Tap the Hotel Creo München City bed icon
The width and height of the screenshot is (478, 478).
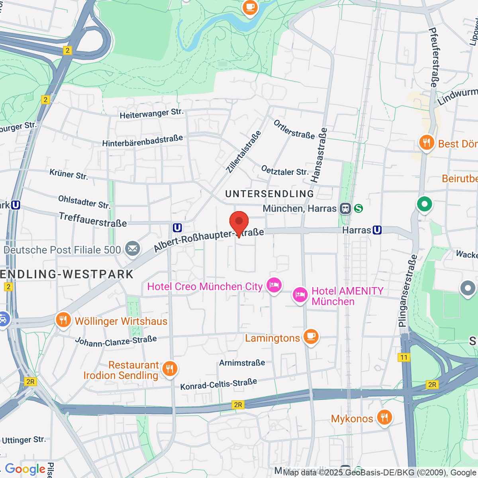click(x=274, y=285)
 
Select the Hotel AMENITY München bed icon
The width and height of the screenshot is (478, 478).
click(x=300, y=295)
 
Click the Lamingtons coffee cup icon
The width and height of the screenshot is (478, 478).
click(x=311, y=337)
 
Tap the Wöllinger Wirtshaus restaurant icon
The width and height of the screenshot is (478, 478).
click(x=63, y=320)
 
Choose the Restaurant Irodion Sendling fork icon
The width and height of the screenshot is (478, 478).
click(x=170, y=369)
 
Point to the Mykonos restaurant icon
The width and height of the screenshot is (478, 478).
click(x=384, y=417)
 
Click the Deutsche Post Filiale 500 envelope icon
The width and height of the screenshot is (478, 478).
click(x=132, y=249)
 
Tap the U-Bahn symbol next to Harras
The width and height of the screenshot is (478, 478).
click(x=377, y=230)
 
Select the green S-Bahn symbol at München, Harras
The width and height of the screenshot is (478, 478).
click(x=358, y=208)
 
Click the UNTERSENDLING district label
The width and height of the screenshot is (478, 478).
click(x=270, y=194)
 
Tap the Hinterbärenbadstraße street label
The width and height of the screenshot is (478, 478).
click(x=143, y=141)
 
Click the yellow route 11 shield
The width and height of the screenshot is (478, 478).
click(x=404, y=357)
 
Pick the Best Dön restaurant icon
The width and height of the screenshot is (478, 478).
click(x=426, y=143)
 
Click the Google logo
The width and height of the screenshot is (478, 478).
click(x=25, y=469)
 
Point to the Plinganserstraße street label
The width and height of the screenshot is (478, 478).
click(x=407, y=291)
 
